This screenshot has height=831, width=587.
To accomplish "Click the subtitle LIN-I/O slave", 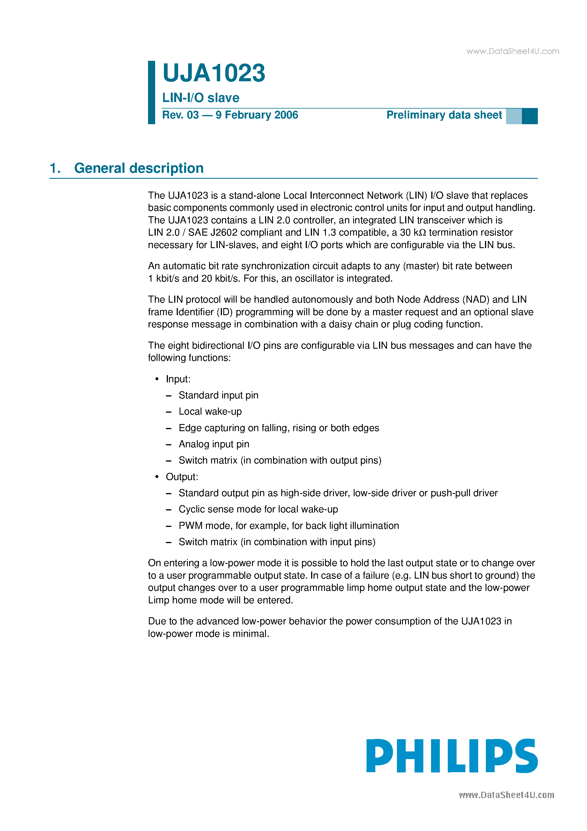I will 201,98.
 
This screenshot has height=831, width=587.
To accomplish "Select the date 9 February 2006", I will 257,115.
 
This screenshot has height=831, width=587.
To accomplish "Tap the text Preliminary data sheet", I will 444,115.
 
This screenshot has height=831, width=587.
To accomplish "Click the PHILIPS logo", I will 452,756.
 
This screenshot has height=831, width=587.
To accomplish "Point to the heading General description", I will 139,168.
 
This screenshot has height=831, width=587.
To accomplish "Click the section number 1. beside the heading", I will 55,168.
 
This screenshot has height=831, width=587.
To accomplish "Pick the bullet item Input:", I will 178,379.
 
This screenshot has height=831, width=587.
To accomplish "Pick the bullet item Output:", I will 182,477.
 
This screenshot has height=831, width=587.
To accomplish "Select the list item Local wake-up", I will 210,412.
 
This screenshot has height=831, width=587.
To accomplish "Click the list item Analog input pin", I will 214,444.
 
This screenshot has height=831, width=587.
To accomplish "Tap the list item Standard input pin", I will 218,395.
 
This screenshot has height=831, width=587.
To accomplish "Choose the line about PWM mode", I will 288,525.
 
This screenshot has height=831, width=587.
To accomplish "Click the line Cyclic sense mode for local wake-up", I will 258,509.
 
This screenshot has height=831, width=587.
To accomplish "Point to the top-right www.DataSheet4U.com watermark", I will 513,51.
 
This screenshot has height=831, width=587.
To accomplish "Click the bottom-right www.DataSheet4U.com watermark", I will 506,795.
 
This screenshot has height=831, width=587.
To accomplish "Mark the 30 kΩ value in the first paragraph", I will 413,232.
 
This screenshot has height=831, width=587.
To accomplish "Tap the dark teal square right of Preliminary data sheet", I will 529,116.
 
